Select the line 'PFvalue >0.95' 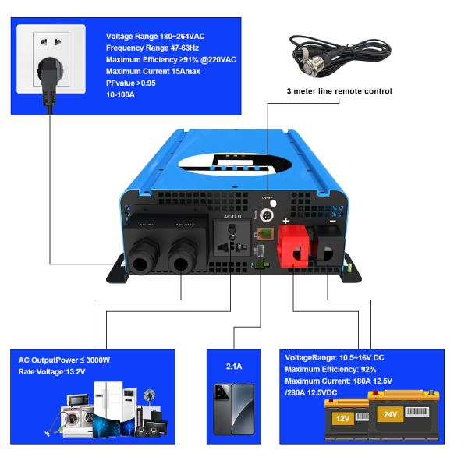tap(131, 83)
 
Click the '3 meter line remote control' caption tap(338, 91)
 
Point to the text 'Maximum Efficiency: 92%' tap(331, 369)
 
